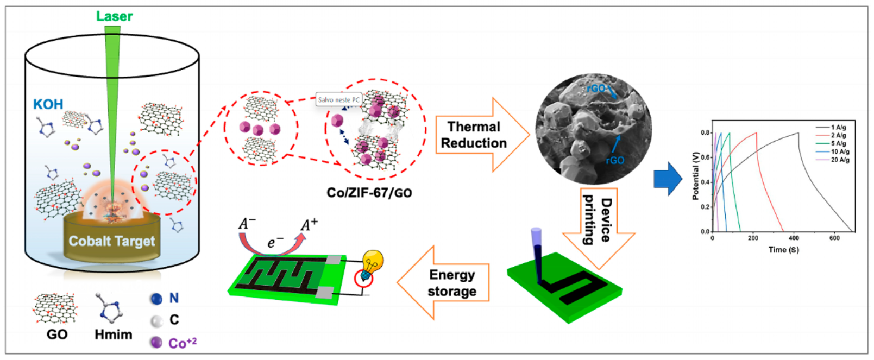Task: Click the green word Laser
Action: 114,17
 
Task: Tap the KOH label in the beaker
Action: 48,104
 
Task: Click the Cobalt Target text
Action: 112,241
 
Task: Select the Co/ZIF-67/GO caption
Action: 369,193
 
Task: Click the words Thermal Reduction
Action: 474,135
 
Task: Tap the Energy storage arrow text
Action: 452,283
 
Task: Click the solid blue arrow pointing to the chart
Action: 668,178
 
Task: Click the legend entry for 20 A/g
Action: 840,160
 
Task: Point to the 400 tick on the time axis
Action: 794,238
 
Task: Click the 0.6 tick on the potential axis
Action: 705,157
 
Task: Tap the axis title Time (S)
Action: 783,250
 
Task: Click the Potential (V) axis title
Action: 695,176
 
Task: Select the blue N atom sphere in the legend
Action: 156,299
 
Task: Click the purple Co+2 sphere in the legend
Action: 156,343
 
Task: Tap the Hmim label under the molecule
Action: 113,334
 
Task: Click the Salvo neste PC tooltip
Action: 338,100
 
